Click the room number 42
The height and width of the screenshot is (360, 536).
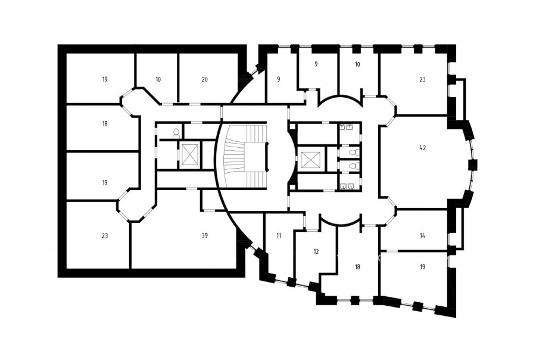point(422,148)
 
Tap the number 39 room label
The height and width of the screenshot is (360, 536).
point(205,235)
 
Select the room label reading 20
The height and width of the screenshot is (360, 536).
point(204,79)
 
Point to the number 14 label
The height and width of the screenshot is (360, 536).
point(422,235)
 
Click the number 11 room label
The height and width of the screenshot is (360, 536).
point(279,235)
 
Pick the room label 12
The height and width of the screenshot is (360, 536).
point(316,252)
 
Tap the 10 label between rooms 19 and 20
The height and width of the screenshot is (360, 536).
point(158,79)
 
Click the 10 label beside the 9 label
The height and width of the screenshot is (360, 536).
point(357,64)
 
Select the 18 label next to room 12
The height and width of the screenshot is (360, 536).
point(357,267)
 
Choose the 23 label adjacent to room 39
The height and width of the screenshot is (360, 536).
point(105,235)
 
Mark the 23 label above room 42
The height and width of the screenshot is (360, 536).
point(422,79)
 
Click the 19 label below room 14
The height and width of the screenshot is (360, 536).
point(422,267)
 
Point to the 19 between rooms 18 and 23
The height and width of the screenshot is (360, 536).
point(105,182)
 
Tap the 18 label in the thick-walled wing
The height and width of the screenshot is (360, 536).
point(105,123)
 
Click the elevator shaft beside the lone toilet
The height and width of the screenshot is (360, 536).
point(189,155)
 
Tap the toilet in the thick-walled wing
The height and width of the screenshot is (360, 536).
point(176,133)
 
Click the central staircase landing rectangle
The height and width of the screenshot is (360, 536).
point(255,157)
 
